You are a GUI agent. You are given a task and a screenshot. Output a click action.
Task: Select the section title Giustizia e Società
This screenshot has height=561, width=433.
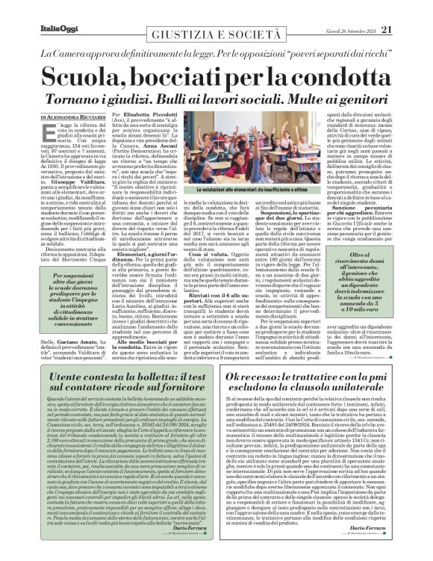216,35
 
